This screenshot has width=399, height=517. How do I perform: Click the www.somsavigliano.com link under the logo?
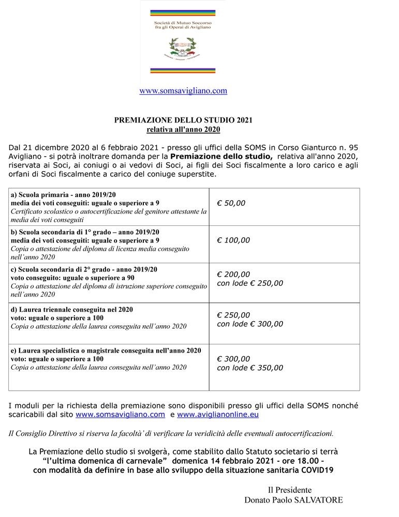pyautogui.click(x=183, y=91)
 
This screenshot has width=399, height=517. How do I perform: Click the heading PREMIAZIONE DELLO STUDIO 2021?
pyautogui.click(x=183, y=120)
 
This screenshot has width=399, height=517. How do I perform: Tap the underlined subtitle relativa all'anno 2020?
pyautogui.click(x=183, y=129)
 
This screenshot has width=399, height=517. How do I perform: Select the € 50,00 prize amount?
pyautogui.click(x=231, y=203)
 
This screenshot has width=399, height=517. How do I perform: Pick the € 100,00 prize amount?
pyautogui.click(x=233, y=240)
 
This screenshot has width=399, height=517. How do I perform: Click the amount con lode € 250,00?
pyautogui.click(x=250, y=283)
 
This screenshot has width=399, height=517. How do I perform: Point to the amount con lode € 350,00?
pyautogui.click(x=250, y=368)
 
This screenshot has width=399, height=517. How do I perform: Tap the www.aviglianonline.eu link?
pyautogui.click(x=218, y=414)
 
